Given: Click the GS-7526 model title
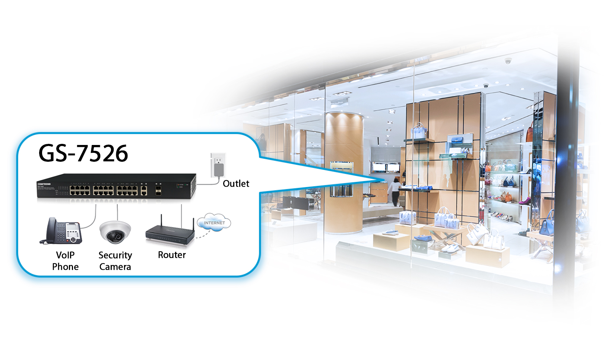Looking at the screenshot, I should coord(83,153).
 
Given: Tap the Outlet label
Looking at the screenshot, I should coord(236,183).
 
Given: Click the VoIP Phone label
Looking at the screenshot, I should coord(65,261).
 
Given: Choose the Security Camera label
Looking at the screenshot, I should coord(115,261).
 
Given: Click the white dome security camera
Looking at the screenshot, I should coord(115,231).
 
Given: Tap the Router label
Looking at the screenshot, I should coord(172,255).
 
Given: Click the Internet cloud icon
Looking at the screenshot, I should coord(214,222).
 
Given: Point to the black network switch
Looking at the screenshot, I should coord(116,186).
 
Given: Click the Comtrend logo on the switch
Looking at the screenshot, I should coord(44,184).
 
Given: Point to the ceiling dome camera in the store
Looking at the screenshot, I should coord(508,60).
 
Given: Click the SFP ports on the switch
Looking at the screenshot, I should coord(158,191).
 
